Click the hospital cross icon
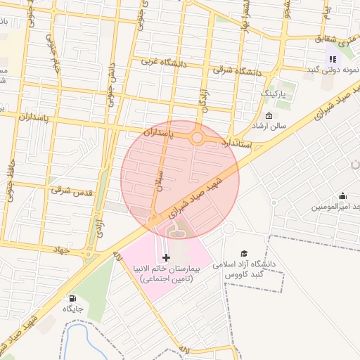point(166,258)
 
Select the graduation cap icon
point(244,253)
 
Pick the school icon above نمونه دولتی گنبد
point(332,59)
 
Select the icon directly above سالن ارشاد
point(269,116)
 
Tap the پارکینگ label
point(274,93)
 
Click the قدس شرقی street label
point(70,189)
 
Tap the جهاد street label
point(63,248)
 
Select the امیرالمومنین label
point(335,207)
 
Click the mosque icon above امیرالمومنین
point(342,195)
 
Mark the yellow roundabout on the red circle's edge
point(198,138)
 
